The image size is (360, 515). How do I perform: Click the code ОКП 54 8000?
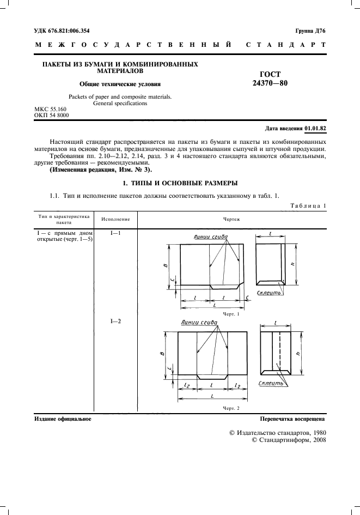coord(52,115)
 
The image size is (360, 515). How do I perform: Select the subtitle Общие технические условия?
coord(120,84)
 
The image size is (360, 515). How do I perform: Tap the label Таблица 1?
coord(308,205)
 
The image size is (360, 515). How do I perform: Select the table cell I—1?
coord(115,233)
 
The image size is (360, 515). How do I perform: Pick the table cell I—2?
coord(115,322)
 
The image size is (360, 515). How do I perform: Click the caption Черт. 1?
coord(231,314)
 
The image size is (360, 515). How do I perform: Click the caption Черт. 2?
coord(231,408)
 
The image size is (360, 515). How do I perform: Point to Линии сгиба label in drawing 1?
coord(210,237)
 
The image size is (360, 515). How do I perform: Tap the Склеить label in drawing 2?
coord(271,384)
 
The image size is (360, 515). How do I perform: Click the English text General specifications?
coord(120,102)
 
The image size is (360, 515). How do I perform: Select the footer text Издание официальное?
coord(63,419)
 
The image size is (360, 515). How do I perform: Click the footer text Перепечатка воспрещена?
coord(292,419)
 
